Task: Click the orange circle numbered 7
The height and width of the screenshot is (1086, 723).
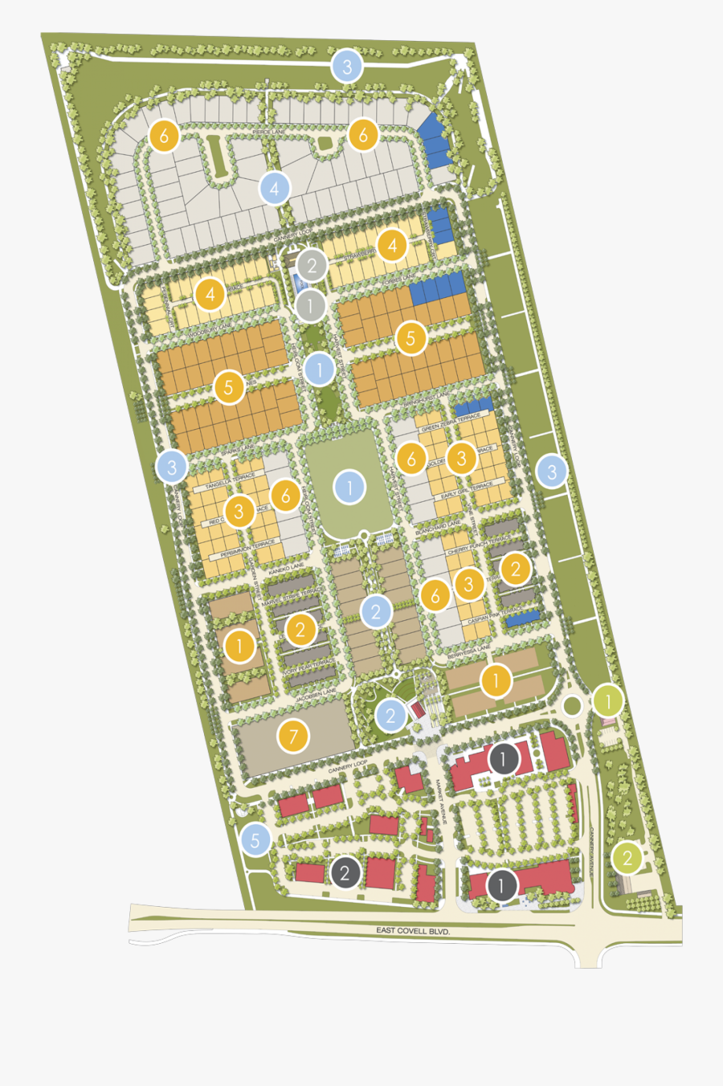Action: coord(293,736)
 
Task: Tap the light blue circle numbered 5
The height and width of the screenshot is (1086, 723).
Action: coord(255,840)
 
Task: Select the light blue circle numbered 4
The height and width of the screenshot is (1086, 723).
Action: coord(275,189)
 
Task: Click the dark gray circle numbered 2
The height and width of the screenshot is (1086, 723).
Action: coord(345,872)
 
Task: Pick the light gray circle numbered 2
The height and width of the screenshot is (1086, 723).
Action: coord(312,264)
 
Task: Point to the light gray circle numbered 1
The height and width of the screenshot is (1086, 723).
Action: coord(310,305)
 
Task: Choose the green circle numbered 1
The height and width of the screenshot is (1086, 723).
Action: coord(608,702)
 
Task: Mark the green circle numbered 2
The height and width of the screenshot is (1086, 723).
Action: coord(627,858)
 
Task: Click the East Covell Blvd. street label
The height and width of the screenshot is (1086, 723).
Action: coord(413,930)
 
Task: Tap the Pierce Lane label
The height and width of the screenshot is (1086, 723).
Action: coord(268,132)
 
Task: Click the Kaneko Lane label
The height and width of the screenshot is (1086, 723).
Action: coord(286,569)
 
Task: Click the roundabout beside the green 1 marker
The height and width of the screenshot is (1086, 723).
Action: coord(573,706)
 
